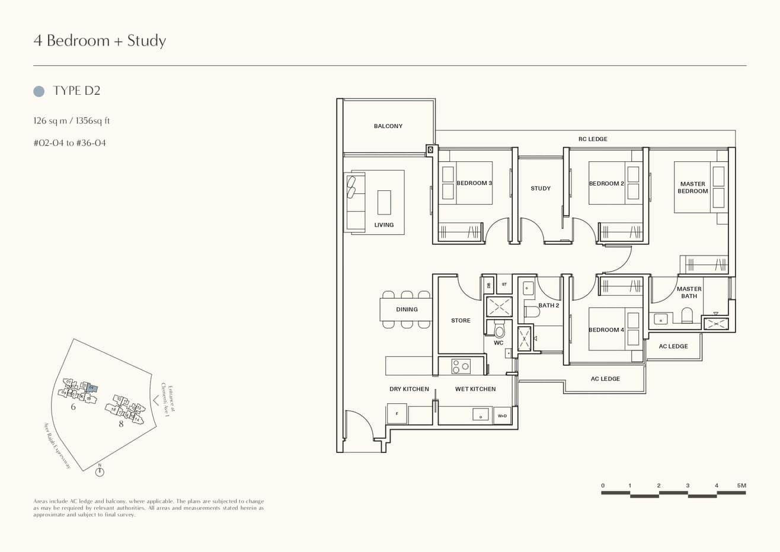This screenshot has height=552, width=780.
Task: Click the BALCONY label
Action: [x=388, y=126]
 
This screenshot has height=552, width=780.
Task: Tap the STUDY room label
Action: [x=541, y=189]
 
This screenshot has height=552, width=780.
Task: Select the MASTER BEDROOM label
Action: [x=692, y=187]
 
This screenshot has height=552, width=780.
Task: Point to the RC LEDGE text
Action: [x=593, y=139]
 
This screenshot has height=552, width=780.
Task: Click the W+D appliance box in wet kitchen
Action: [x=502, y=416]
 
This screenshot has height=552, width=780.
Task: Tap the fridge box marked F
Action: [x=397, y=414]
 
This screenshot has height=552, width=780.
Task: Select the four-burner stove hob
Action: [x=461, y=366]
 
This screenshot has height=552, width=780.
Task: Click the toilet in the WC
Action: [x=499, y=330]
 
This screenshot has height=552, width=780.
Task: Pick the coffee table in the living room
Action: [x=384, y=202]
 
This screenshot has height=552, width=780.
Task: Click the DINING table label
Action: [x=407, y=309]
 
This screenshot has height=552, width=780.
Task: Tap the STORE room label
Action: [x=461, y=321]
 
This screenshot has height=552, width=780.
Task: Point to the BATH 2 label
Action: [x=549, y=306]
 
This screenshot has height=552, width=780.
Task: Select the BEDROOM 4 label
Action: [x=606, y=330]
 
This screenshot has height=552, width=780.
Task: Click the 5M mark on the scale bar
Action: [x=741, y=486]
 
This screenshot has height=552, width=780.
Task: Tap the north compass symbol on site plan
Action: [x=100, y=471]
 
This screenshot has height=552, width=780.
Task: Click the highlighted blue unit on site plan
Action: [x=91, y=388]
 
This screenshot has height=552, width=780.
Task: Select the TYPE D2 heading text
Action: [x=76, y=91]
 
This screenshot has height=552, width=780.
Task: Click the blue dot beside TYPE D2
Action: [x=39, y=91]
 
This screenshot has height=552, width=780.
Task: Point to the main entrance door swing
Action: [x=360, y=425]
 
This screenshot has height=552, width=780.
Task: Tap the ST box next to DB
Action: [x=504, y=285]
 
